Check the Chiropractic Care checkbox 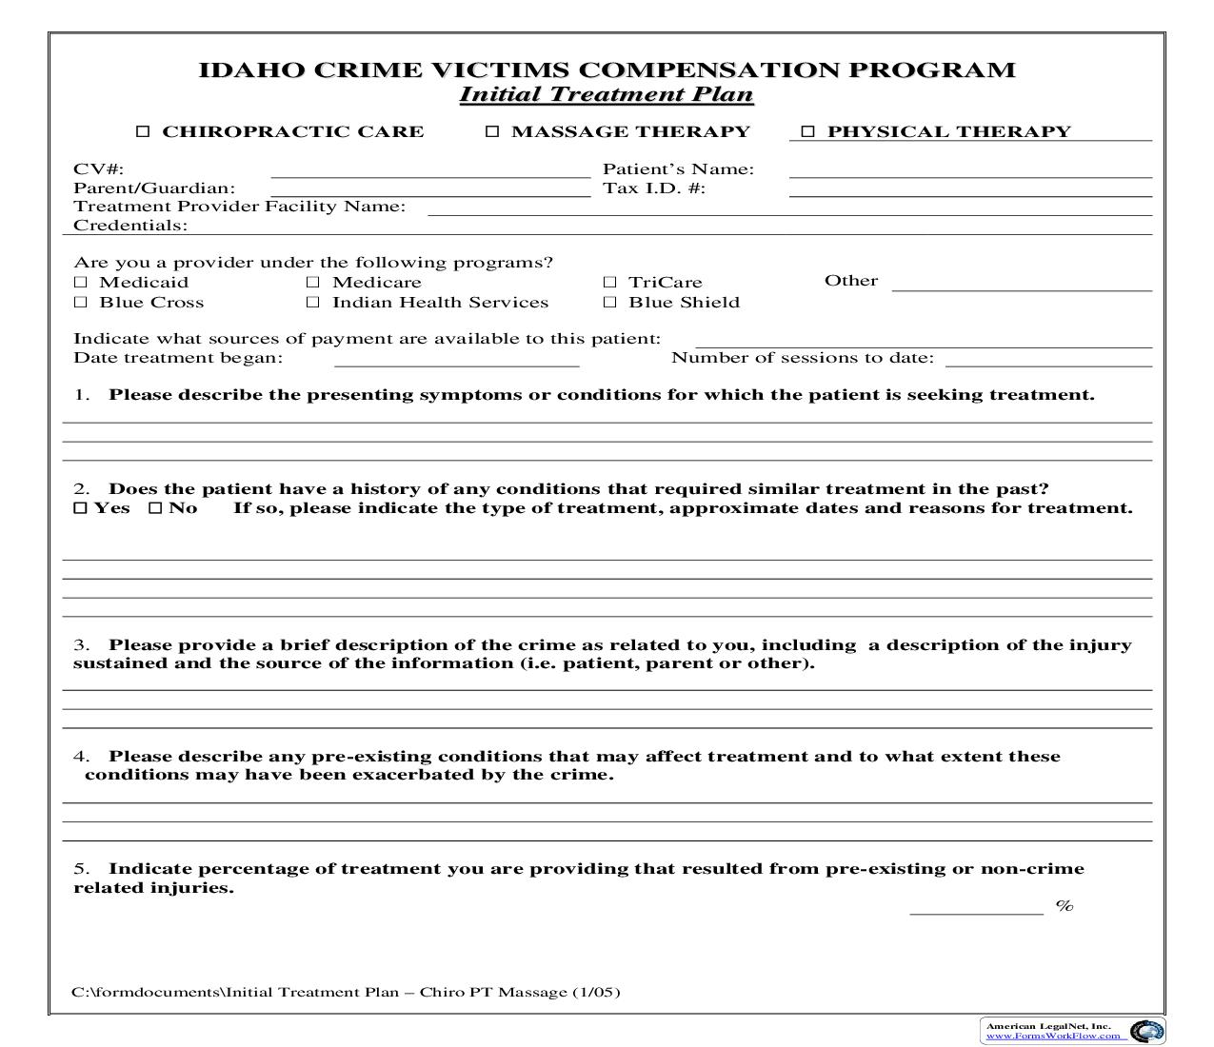click(143, 131)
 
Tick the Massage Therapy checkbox click(492, 131)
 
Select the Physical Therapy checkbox click(807, 131)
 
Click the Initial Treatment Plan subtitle click(607, 94)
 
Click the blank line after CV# click(430, 170)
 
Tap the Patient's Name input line click(969, 170)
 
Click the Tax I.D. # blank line click(969, 189)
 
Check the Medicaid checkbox click(80, 282)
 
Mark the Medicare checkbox click(313, 282)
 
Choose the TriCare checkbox click(609, 282)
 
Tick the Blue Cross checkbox click(80, 302)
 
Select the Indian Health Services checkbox click(313, 302)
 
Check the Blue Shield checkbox click(609, 302)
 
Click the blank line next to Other click(1021, 284)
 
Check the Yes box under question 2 click(80, 508)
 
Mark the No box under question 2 click(155, 508)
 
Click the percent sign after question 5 click(1065, 906)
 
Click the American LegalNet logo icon click(1146, 1031)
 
